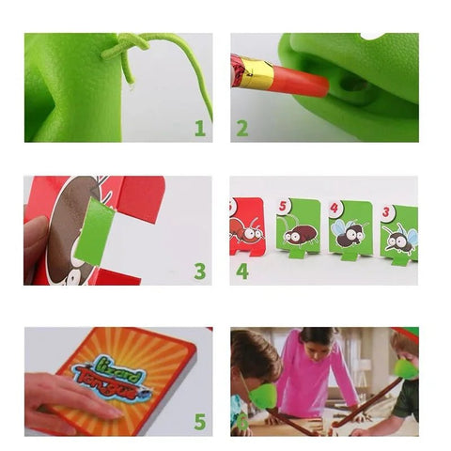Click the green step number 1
click(x=199, y=127)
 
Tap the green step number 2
click(x=241, y=127)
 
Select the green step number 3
click(x=199, y=272)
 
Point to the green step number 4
click(x=242, y=272)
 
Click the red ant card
click(x=247, y=226)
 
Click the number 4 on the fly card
click(x=335, y=209)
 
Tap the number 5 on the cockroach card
click(x=283, y=207)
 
